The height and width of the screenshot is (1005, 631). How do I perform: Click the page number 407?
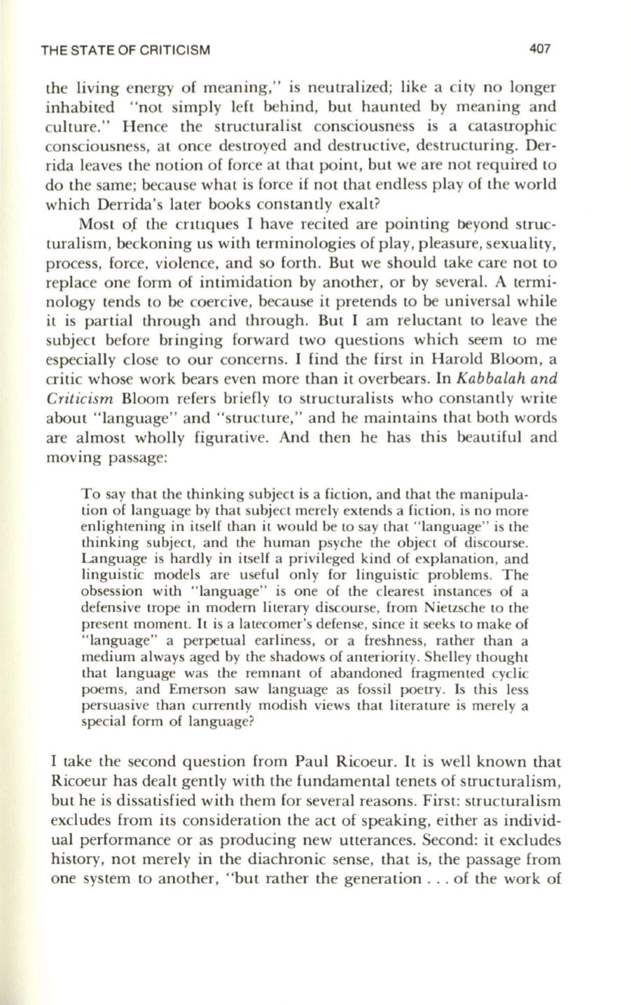[541, 50]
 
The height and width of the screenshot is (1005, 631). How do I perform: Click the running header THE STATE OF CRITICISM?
[127, 50]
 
